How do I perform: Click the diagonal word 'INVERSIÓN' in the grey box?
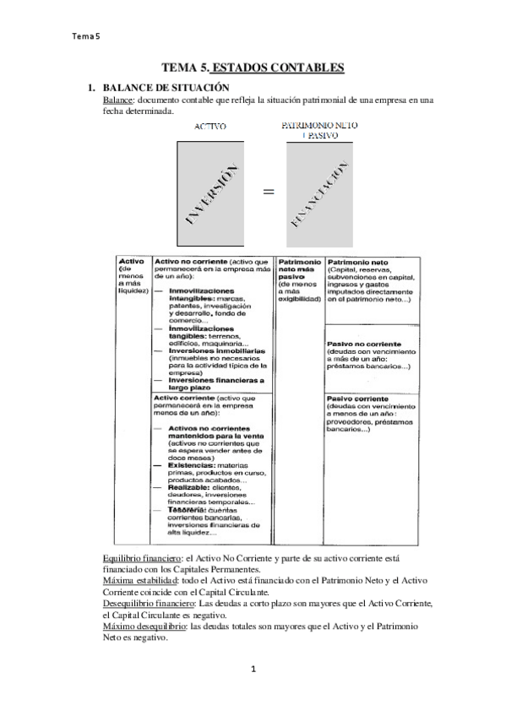pos(209,193)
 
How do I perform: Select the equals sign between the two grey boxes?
pos(269,192)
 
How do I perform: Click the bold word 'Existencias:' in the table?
pos(190,464)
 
